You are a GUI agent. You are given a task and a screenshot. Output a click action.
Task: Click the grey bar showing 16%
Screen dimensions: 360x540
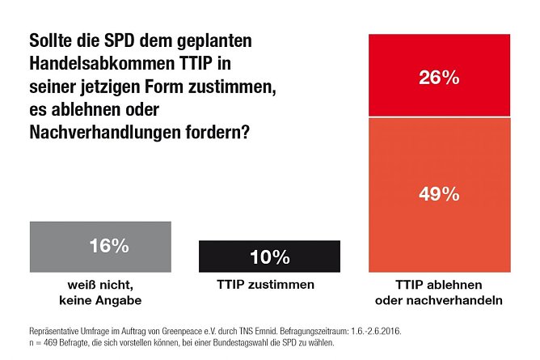[x=99, y=246]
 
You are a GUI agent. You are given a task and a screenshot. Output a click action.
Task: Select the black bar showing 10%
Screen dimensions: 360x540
[x=269, y=256]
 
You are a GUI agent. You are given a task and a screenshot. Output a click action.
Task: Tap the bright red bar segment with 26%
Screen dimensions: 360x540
[x=440, y=77]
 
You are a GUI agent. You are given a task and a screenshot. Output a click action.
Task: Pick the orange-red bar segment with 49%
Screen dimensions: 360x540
[x=440, y=194]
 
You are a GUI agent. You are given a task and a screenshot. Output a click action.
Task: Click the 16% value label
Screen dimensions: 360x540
[x=108, y=247]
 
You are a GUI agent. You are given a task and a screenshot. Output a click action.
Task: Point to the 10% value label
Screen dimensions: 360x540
[x=269, y=257]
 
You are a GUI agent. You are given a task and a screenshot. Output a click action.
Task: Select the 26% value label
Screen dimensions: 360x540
[x=440, y=78]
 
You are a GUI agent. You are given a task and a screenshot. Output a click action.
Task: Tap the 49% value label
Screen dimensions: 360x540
[x=440, y=194]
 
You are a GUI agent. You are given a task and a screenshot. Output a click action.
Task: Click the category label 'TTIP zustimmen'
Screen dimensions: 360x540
[x=269, y=285]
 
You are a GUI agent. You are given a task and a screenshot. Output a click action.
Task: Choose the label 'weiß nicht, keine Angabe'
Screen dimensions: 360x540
[x=99, y=293]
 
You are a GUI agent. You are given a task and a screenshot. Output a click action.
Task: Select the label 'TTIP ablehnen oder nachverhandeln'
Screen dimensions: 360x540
[x=440, y=293]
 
